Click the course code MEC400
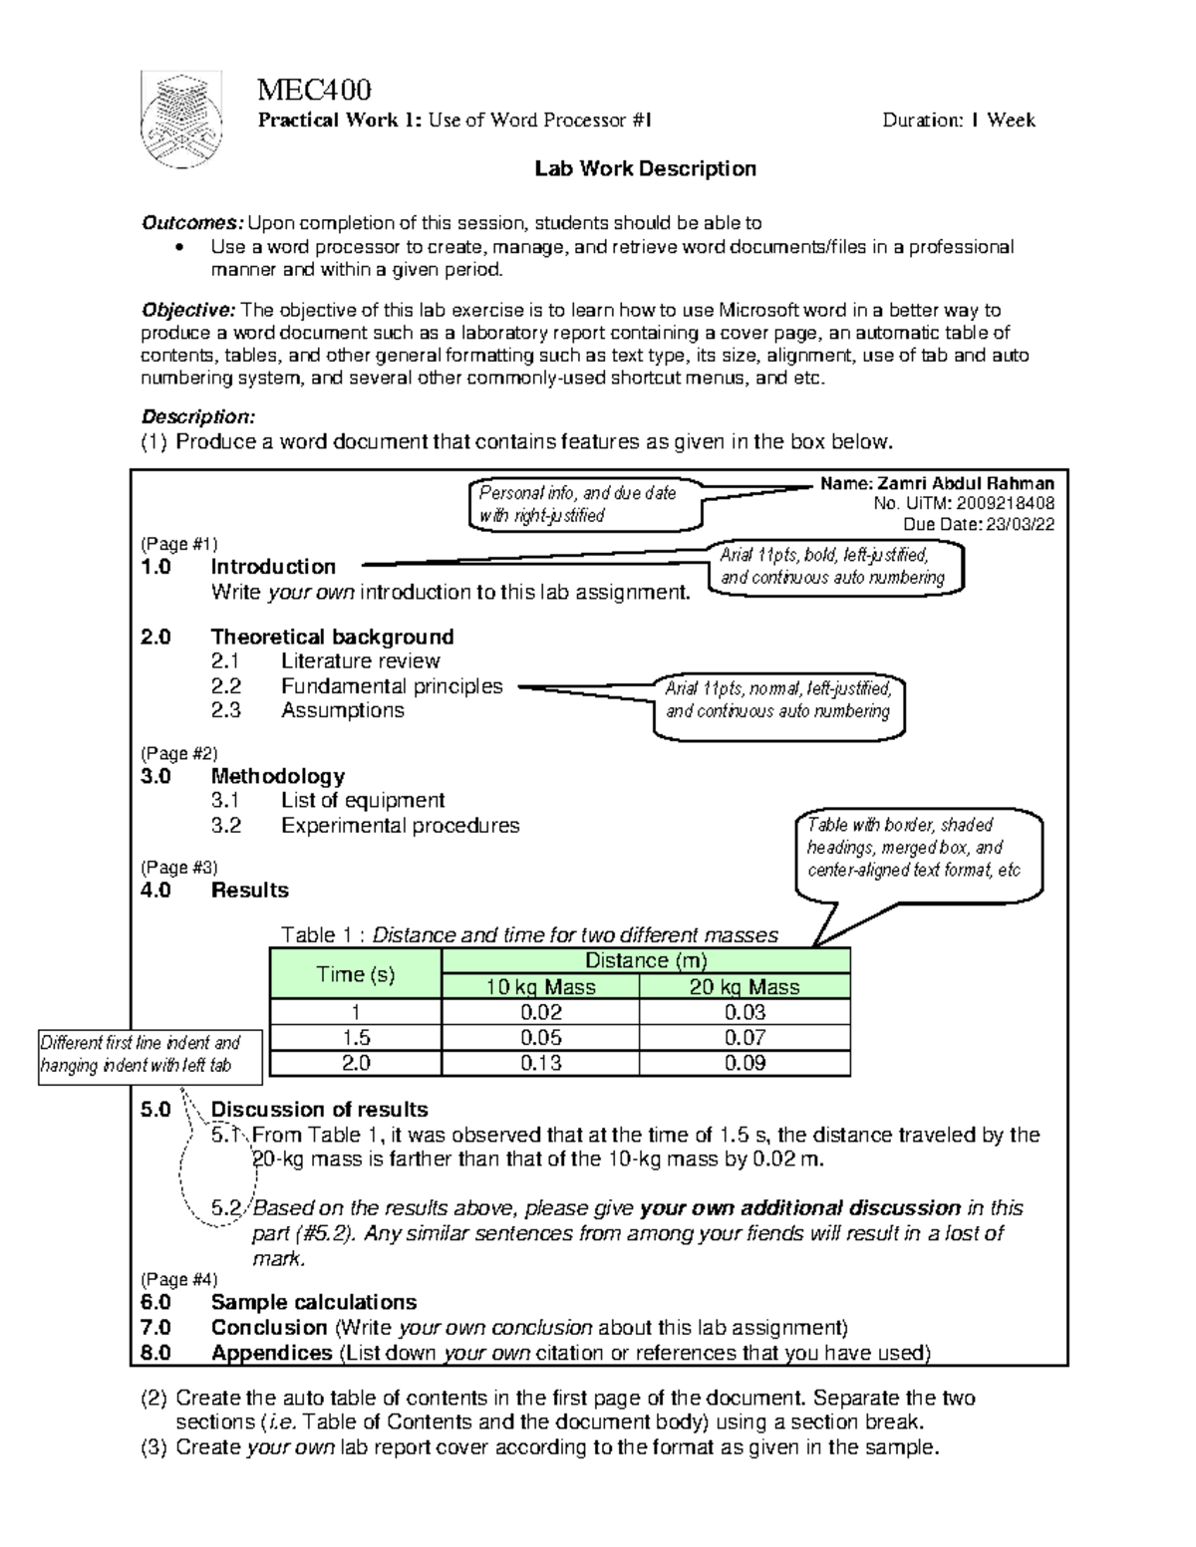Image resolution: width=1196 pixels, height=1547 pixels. coord(314,91)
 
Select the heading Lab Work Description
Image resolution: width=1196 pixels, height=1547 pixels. coord(645,168)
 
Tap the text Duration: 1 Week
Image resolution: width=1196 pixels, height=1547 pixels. coord(958,121)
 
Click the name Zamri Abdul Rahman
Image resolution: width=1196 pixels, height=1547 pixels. coord(937,483)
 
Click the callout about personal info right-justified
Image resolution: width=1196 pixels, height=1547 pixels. coord(585,504)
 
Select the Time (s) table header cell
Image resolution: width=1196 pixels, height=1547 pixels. coord(355,974)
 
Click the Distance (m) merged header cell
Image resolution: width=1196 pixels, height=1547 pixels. coord(645,960)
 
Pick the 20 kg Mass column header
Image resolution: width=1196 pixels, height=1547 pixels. coord(745,987)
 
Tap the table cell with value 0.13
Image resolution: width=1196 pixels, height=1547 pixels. coord(540,1064)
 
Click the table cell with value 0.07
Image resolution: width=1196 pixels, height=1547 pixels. coord(745,1038)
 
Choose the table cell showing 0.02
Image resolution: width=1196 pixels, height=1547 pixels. coord(540,1012)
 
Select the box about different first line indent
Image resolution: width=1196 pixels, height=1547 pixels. coord(149,1054)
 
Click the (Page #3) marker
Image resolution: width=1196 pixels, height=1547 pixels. coord(179,868)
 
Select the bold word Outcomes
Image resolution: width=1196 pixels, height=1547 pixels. coord(191,222)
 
